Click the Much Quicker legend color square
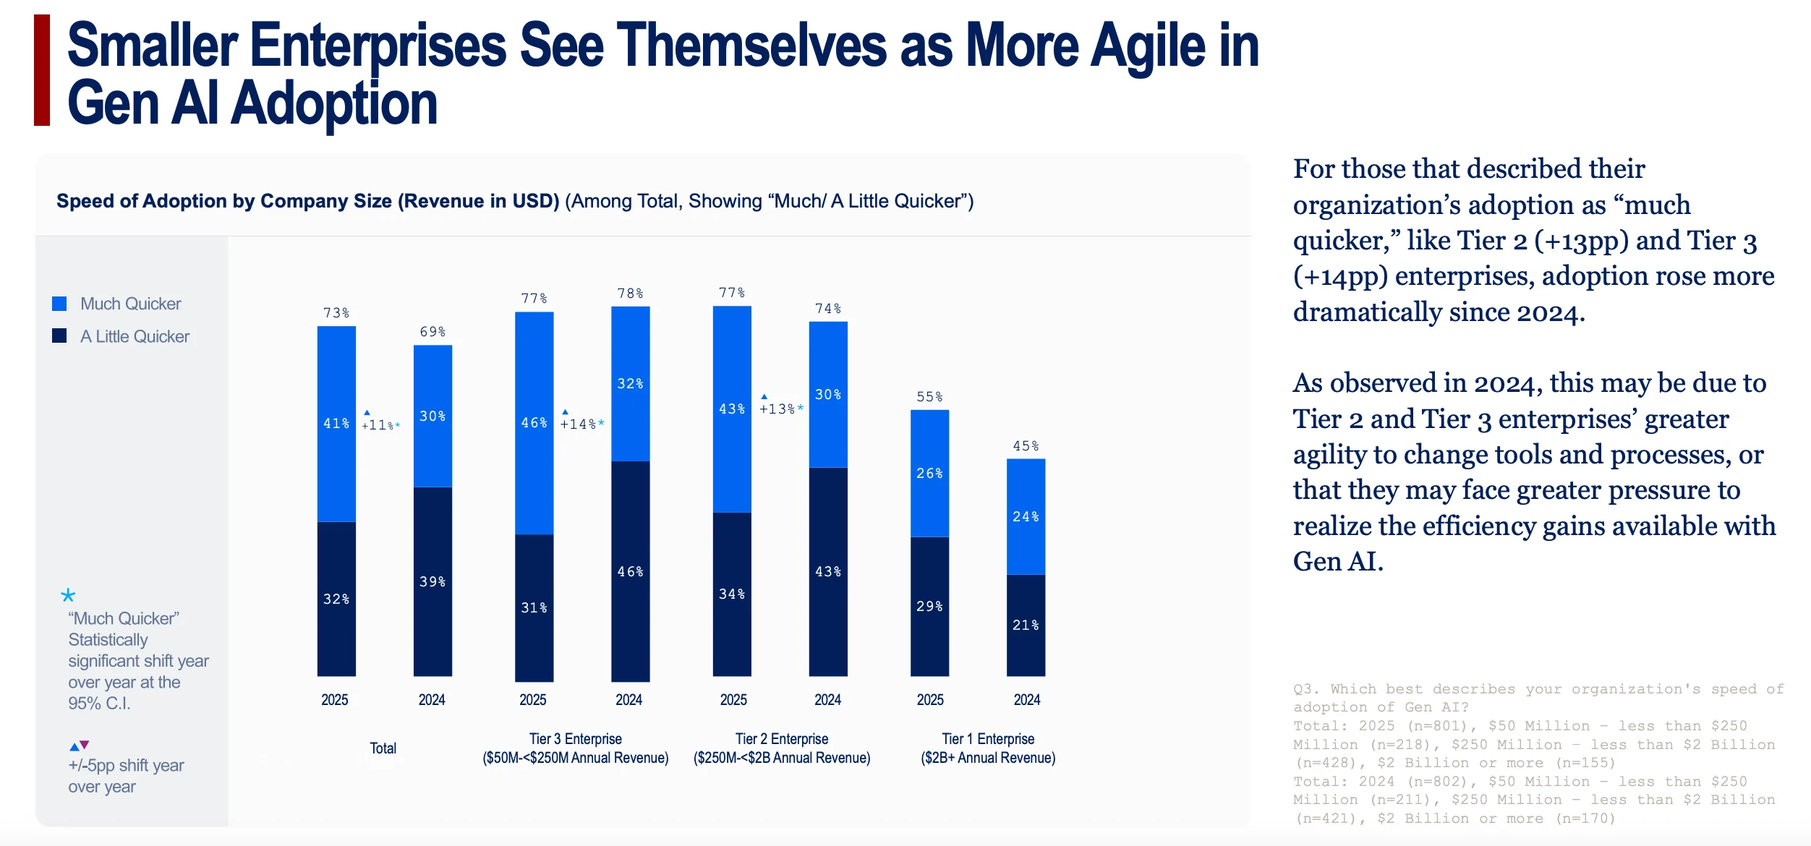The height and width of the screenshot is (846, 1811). point(59,304)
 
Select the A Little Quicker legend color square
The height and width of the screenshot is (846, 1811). point(59,336)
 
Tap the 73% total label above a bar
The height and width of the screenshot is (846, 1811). point(336,313)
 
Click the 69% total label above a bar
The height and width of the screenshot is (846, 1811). point(432,332)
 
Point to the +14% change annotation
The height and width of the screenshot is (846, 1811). point(582,424)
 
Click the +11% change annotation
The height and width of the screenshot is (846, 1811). point(381,424)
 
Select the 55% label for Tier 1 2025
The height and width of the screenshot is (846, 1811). point(929,397)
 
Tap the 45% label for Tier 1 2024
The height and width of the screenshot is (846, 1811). point(1026,446)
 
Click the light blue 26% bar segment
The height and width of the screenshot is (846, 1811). point(929,474)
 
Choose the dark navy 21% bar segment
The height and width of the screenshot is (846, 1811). point(1026,625)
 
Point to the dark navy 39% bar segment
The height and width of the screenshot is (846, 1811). point(432,582)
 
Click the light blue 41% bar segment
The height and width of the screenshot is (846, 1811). point(336,424)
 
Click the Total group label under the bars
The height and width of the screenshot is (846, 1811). point(383,748)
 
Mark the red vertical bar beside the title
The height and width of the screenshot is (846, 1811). point(42,70)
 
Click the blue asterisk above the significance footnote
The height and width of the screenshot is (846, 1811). point(68,595)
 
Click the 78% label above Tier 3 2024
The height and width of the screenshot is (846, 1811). point(630,294)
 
